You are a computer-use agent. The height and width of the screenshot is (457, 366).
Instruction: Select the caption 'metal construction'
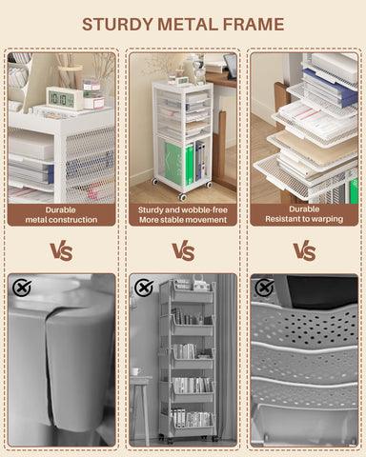(x=61, y=220)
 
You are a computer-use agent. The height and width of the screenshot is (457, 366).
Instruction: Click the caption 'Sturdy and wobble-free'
(x=183, y=209)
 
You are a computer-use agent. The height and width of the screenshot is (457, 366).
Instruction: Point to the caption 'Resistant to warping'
(x=304, y=219)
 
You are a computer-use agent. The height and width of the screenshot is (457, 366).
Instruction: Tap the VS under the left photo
(x=61, y=251)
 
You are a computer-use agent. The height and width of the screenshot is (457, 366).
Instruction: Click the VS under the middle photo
(x=183, y=251)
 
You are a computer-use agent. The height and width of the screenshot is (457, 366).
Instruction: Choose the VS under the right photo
(x=304, y=251)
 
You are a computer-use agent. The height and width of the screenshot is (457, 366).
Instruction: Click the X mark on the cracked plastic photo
(x=22, y=288)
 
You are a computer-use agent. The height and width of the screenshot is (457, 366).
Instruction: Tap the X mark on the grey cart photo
(x=144, y=288)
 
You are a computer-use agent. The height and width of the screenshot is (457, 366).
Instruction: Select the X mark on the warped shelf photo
(x=264, y=288)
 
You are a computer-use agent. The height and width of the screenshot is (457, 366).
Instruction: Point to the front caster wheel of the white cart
(x=182, y=197)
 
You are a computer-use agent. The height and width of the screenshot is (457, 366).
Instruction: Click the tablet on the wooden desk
(x=230, y=67)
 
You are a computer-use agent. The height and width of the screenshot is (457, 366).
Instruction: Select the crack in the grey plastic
(x=48, y=359)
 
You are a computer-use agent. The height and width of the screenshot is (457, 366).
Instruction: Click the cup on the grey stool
(x=135, y=371)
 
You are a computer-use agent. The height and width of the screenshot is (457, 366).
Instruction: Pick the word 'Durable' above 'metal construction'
(x=60, y=209)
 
